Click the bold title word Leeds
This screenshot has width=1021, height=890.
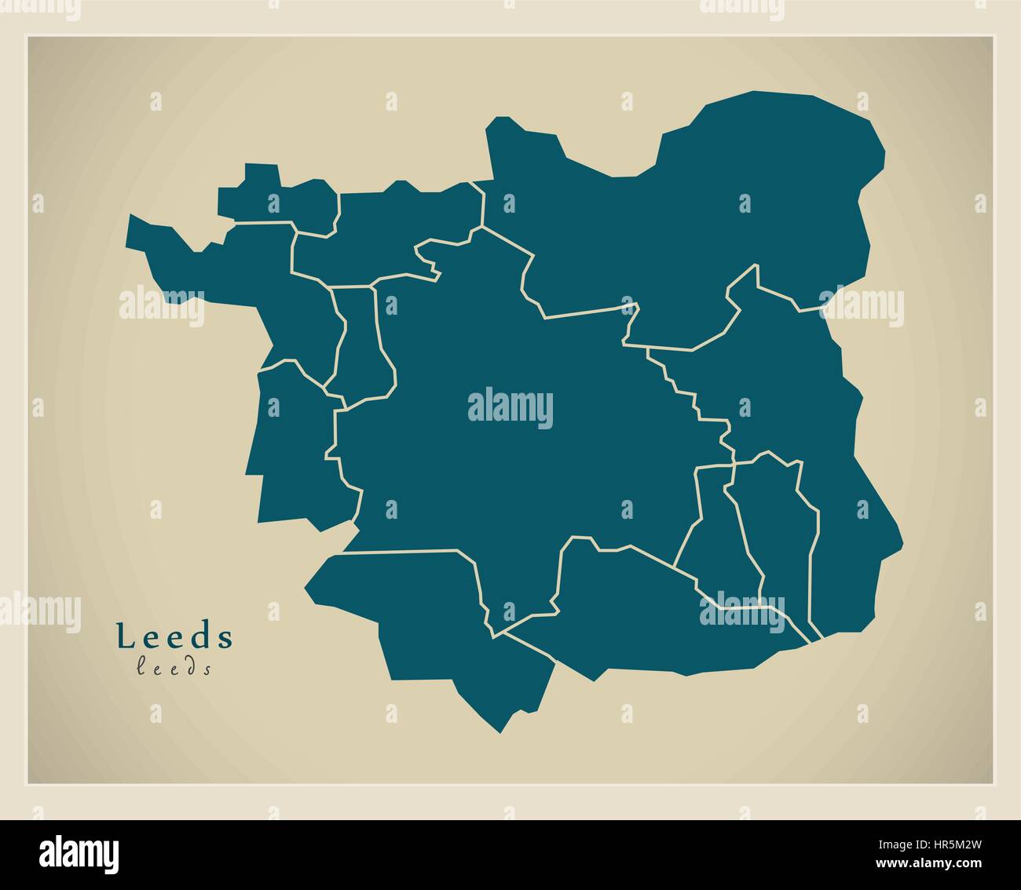174,636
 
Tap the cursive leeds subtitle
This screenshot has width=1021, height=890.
174,669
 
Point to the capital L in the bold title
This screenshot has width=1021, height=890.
124,636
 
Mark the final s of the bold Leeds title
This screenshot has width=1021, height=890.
226,637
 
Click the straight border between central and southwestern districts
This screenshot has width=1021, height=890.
408,551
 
